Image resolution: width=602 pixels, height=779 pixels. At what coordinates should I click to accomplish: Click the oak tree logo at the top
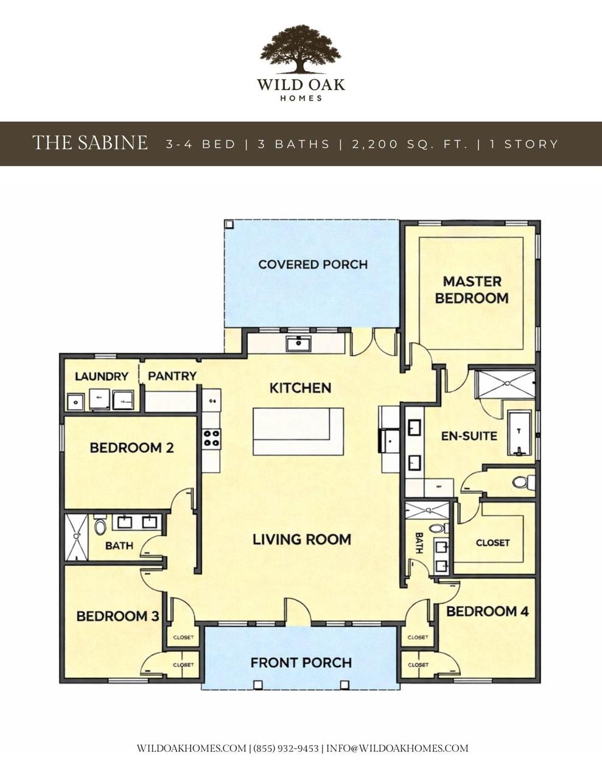click(301, 49)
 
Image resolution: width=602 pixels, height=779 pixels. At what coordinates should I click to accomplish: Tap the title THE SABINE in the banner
click(89, 143)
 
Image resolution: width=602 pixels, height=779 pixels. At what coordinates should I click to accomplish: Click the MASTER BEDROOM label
click(472, 290)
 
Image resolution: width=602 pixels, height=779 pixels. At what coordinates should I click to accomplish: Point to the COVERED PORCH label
click(312, 264)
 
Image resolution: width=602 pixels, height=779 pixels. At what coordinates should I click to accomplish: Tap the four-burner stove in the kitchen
click(212, 438)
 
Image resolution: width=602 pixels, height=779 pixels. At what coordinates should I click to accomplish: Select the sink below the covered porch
click(298, 343)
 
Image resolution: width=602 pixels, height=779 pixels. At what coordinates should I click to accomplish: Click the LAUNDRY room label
click(102, 377)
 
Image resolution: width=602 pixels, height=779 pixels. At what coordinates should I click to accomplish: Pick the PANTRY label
click(172, 376)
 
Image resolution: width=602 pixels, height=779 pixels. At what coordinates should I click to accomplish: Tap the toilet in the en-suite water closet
click(521, 483)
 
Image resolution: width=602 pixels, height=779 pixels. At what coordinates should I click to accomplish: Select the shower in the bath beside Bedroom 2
click(77, 537)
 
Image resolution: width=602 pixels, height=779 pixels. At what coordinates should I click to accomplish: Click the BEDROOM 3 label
click(117, 616)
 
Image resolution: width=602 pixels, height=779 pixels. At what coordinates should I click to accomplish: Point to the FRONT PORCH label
click(301, 662)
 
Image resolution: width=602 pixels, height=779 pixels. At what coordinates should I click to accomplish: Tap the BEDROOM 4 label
click(487, 611)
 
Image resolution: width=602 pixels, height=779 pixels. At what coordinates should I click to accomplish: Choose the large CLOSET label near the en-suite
click(492, 542)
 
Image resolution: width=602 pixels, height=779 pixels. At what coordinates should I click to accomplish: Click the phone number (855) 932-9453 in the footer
click(285, 748)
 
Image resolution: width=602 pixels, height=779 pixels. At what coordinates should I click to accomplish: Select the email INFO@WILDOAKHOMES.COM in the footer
click(397, 748)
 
